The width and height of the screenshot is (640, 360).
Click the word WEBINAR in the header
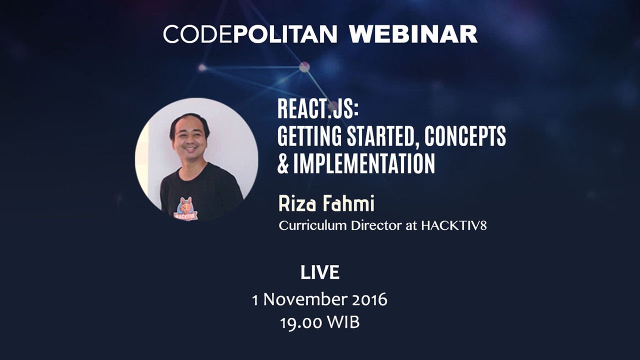tap(413, 34)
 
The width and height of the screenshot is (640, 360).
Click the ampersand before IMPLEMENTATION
tap(283, 164)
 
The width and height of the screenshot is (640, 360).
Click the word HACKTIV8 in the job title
tap(453, 225)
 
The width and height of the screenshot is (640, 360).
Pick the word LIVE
tap(320, 273)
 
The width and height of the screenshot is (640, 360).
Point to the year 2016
tap(369, 299)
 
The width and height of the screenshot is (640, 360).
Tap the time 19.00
tap(301, 322)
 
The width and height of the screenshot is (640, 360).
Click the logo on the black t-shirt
tap(185, 209)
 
